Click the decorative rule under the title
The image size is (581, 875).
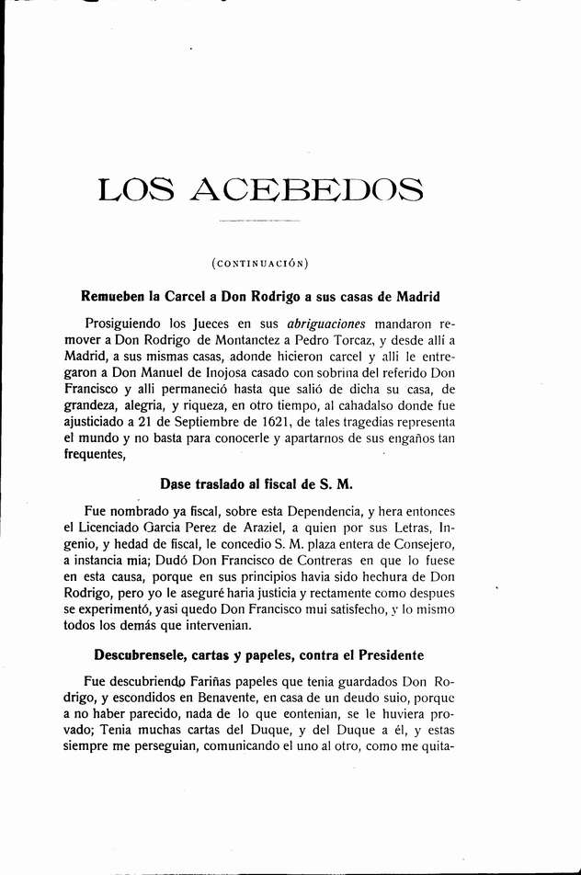(x=260, y=222)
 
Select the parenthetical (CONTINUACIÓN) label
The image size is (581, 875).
(x=260, y=265)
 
